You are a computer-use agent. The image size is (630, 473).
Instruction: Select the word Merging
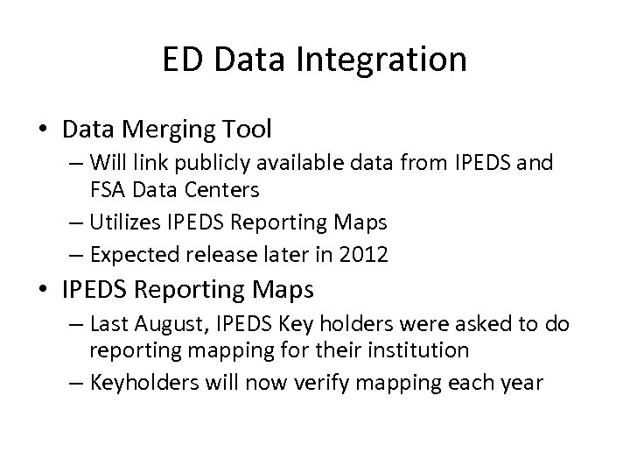click(x=171, y=130)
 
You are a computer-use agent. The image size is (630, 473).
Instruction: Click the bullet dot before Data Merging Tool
click(x=43, y=131)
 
